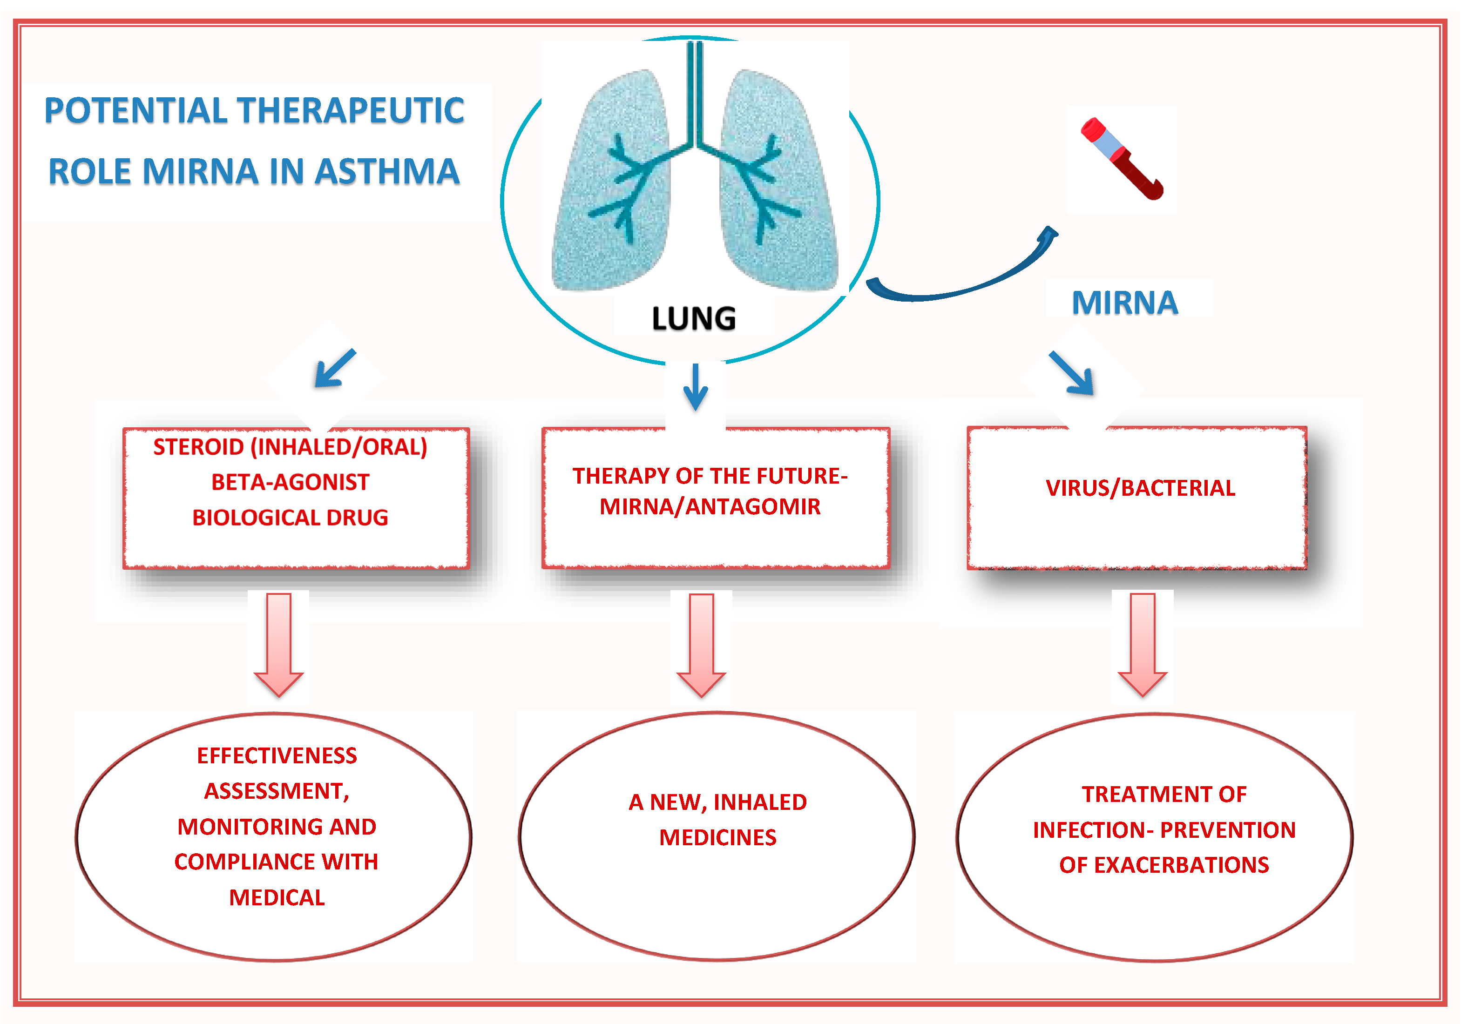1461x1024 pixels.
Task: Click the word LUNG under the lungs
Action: click(x=694, y=318)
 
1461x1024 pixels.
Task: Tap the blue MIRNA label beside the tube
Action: click(x=1124, y=302)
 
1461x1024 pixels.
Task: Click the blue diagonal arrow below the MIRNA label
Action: click(x=1072, y=373)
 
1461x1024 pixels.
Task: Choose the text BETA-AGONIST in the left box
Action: click(x=290, y=482)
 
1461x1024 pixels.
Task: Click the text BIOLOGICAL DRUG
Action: click(x=290, y=518)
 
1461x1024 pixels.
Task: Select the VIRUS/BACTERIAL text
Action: click(x=1140, y=488)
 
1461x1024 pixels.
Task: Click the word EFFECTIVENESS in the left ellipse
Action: click(x=277, y=755)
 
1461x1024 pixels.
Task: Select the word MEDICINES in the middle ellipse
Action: click(x=718, y=838)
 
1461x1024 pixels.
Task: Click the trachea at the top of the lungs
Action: click(x=695, y=89)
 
